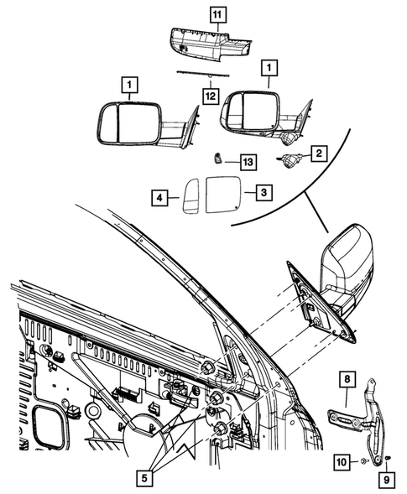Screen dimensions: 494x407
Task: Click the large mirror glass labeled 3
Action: (x=223, y=193)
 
